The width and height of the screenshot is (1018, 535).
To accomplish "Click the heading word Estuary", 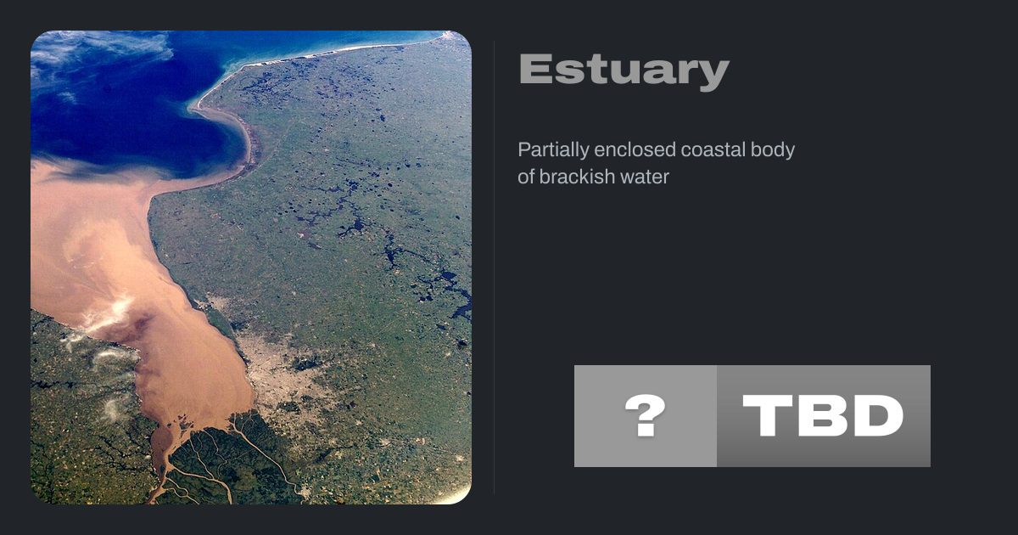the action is (x=624, y=70).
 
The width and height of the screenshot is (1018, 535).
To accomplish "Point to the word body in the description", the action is (x=773, y=150).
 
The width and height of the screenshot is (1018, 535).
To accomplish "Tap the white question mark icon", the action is (x=646, y=415).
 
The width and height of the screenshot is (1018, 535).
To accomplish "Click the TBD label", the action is (x=823, y=415).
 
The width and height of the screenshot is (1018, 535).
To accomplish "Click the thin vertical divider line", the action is (x=495, y=267).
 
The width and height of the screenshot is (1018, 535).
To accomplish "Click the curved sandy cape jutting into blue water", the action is (x=237, y=127).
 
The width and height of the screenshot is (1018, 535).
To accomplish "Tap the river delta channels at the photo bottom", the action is (x=218, y=459).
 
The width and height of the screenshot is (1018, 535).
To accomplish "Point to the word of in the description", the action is (x=526, y=177).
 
